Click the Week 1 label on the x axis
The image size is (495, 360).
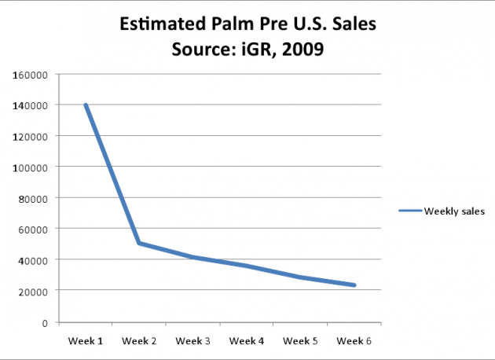[x=85, y=341]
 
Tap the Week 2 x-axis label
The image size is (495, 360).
[x=139, y=341]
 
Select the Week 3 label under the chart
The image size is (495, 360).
[x=192, y=341]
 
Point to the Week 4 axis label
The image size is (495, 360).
[x=247, y=341]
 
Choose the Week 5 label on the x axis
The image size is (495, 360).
[x=301, y=341]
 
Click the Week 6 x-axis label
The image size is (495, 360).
[x=354, y=341]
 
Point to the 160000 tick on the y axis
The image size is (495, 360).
[x=30, y=75]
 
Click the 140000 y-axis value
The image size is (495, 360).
[x=30, y=105]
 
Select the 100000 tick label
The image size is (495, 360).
[x=30, y=167]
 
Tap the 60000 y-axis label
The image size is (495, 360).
[x=33, y=229]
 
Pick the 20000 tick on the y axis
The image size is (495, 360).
[x=33, y=291]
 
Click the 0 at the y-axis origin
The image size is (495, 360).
[x=46, y=322]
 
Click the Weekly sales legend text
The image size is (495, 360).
[x=454, y=211]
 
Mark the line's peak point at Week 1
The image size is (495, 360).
[x=85, y=105]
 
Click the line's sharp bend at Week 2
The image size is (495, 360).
[x=139, y=243]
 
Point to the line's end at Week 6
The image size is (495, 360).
[x=354, y=285]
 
